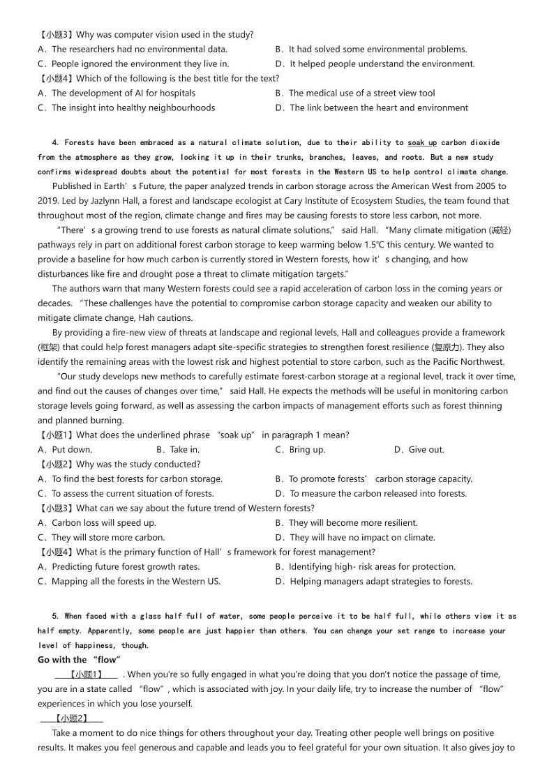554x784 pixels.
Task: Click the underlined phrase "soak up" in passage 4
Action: coord(422,143)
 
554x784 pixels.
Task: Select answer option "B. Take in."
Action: coord(178,450)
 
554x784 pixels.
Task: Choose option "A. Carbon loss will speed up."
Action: coord(97,523)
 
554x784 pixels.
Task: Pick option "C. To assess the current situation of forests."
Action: coord(126,494)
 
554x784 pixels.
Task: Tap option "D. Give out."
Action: coord(419,450)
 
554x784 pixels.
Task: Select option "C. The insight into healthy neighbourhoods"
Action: coord(126,108)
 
